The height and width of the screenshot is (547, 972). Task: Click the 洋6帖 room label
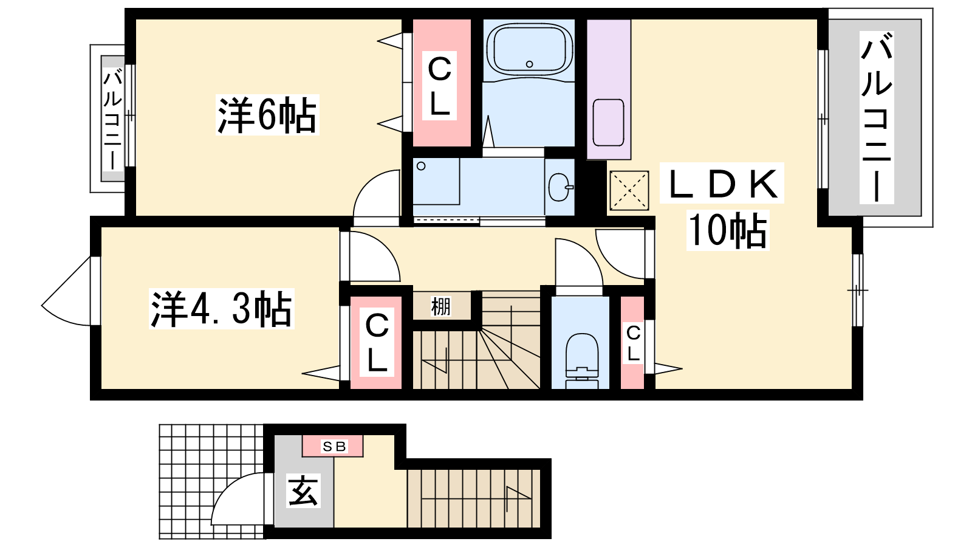267,115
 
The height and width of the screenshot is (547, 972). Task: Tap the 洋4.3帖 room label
221,309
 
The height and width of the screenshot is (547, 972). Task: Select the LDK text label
722,183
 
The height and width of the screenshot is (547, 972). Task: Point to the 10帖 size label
728,230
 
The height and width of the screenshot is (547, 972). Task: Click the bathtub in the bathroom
529,49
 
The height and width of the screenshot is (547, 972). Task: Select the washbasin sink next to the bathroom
560,187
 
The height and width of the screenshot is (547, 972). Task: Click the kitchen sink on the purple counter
608,122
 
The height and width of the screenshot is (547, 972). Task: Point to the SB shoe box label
334,446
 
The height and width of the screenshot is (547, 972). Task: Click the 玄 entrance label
303,490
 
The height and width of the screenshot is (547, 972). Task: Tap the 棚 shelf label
440,306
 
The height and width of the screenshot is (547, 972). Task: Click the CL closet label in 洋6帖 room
440,86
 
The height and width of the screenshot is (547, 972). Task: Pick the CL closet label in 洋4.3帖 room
377,343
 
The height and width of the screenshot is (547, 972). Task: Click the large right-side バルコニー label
877,118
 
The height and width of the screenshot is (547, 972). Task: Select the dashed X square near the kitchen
629,191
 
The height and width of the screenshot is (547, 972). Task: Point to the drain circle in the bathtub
529,64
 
